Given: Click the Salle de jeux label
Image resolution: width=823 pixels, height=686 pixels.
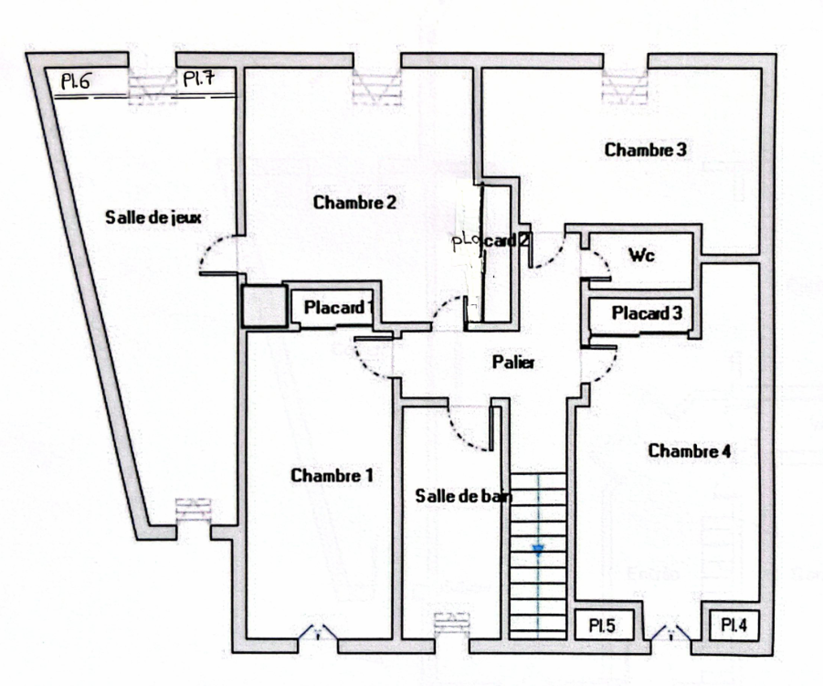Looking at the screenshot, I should (153, 218).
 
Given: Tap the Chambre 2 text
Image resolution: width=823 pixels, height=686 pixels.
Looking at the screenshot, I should (354, 203).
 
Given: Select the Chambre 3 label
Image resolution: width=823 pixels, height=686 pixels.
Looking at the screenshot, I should (645, 150).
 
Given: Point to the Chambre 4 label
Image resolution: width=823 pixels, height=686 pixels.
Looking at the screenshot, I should (689, 451).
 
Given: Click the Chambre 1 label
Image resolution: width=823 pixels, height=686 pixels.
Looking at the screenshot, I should (332, 475).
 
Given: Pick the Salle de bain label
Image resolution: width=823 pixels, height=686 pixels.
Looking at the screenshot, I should (463, 496).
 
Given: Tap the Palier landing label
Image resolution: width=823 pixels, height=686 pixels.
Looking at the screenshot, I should (513, 362).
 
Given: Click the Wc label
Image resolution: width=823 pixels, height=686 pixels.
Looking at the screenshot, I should (641, 255).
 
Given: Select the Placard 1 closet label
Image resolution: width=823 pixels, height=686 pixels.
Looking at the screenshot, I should (337, 308).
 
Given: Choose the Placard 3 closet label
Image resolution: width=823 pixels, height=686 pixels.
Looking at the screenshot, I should (647, 313).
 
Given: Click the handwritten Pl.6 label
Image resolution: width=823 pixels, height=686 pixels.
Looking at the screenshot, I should (76, 82).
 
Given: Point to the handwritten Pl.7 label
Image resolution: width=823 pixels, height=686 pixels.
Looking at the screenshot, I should (199, 79).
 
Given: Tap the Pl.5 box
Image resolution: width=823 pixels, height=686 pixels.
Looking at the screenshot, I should (602, 626).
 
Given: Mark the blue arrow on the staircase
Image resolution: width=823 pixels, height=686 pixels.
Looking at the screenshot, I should (538, 551).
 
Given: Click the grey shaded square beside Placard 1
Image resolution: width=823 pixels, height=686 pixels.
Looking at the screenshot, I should (264, 306).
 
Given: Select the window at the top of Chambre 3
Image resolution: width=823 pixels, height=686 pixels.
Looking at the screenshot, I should (625, 87).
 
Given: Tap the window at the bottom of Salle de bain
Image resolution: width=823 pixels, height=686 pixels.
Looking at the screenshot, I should (452, 623).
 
